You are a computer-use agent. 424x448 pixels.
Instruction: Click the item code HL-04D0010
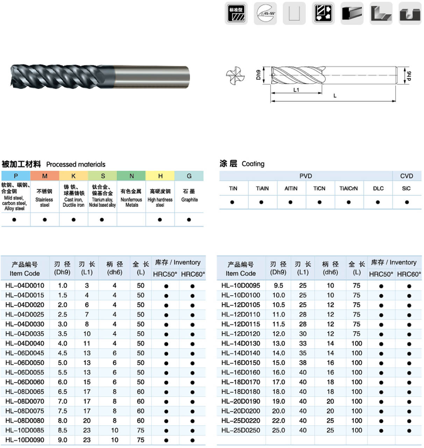(x=24, y=285)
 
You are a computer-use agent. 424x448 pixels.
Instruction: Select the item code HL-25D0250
(x=240, y=430)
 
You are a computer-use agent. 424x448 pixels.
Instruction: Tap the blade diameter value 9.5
(x=278, y=285)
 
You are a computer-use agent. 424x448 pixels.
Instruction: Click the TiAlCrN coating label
(x=348, y=188)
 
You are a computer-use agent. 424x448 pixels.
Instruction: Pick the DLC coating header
(x=378, y=188)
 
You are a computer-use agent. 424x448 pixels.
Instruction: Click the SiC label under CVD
(x=406, y=188)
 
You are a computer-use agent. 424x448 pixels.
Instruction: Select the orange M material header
(x=45, y=176)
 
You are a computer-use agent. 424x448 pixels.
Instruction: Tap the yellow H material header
(x=160, y=176)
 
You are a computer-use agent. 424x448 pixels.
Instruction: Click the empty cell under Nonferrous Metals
(x=131, y=220)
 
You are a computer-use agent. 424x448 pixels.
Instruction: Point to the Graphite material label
(x=189, y=200)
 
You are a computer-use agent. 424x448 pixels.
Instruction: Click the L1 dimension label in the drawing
(x=296, y=90)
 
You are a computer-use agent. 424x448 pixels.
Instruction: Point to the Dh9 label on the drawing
(x=258, y=75)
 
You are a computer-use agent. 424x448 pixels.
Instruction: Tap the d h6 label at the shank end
(x=409, y=75)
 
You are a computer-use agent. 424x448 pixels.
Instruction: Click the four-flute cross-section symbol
(x=235, y=75)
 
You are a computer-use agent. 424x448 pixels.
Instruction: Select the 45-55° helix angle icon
(x=265, y=13)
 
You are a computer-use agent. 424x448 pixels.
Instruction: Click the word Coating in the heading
(x=253, y=164)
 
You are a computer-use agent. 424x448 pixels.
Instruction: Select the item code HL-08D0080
(x=24, y=421)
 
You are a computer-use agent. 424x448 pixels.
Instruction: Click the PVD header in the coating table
(x=305, y=176)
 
